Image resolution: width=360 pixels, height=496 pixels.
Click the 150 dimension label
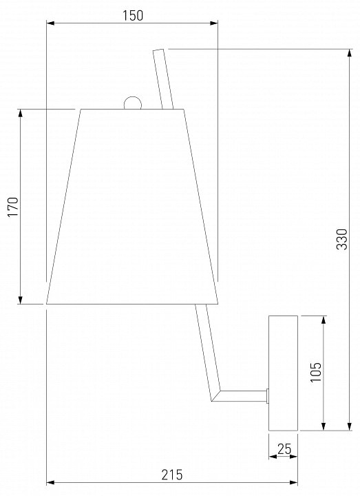pyautogui.click(x=132, y=15)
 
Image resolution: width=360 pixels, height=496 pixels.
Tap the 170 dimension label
pyautogui.click(x=13, y=207)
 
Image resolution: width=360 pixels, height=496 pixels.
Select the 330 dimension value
pyautogui.click(x=341, y=239)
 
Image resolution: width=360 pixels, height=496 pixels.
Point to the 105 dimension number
pyautogui.click(x=315, y=372)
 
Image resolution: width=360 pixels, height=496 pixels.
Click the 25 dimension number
pyautogui.click(x=284, y=449)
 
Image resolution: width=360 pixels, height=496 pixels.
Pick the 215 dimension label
pyautogui.click(x=172, y=475)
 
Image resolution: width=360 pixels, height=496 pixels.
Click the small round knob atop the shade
pyautogui.click(x=132, y=103)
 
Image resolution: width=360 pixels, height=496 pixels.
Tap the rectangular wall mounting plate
pyautogui.click(x=283, y=373)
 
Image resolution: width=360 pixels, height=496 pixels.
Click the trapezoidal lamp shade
pyautogui.click(x=132, y=207)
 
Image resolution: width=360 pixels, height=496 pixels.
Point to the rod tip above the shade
pyautogui.click(x=158, y=50)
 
